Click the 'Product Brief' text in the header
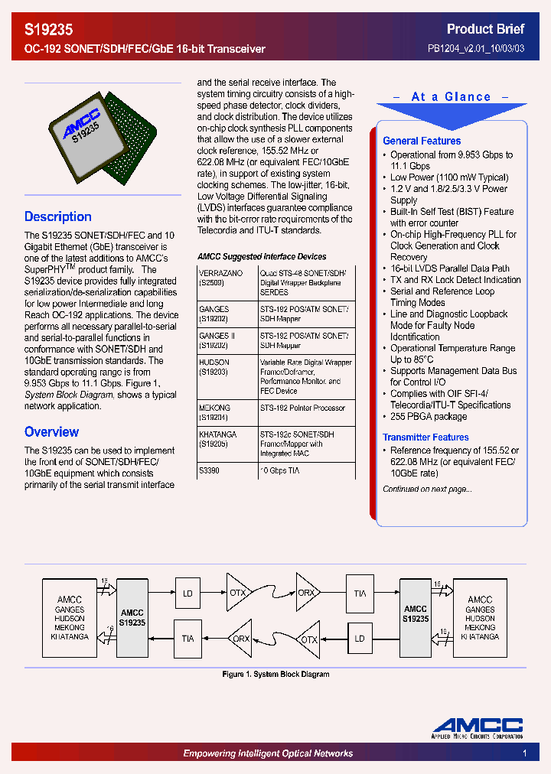(485, 29)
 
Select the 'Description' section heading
(58, 216)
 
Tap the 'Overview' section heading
(51, 431)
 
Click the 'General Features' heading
(422, 141)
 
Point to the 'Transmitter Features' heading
(425, 437)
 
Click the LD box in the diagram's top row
(188, 593)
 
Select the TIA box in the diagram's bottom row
(188, 639)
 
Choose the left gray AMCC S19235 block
(132, 617)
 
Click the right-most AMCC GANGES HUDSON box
(480, 617)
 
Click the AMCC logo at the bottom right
(478, 727)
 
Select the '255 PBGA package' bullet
(429, 417)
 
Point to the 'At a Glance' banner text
(451, 97)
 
